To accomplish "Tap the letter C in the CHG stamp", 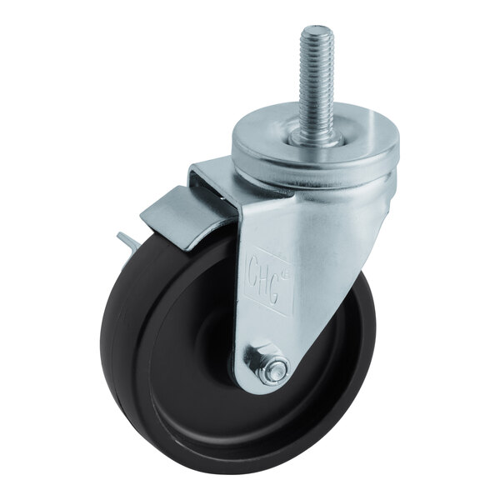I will [x=255, y=268].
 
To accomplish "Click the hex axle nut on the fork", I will [x=271, y=367].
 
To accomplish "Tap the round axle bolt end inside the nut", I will [x=273, y=369].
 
